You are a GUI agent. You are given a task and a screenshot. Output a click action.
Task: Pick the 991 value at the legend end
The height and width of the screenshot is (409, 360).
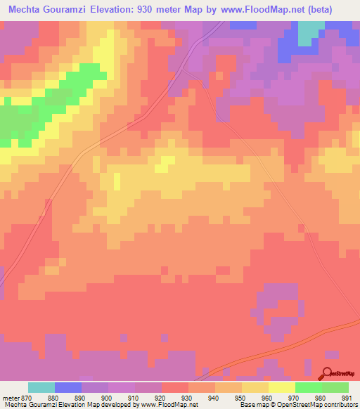pyautogui.click(x=347, y=397)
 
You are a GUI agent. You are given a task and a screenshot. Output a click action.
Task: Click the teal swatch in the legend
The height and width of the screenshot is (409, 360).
pyautogui.click(x=41, y=387)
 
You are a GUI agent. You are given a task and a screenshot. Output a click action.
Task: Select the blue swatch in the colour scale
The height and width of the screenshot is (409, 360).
pyautogui.click(x=68, y=387)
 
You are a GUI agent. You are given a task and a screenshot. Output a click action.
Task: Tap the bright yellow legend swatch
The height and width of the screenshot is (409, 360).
pyautogui.click(x=281, y=387)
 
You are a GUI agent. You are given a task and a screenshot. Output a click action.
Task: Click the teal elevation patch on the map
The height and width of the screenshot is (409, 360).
pyautogui.click(x=308, y=33)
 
